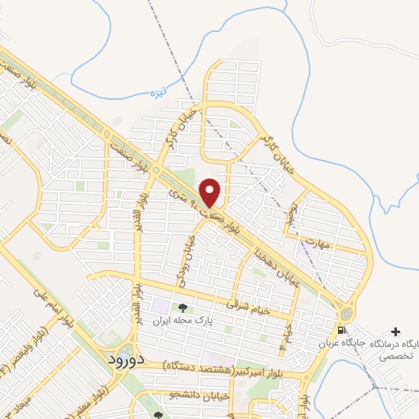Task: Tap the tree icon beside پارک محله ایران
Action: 182,309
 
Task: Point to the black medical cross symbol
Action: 396,331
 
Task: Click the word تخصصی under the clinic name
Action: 395,357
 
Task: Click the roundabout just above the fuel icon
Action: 346,314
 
